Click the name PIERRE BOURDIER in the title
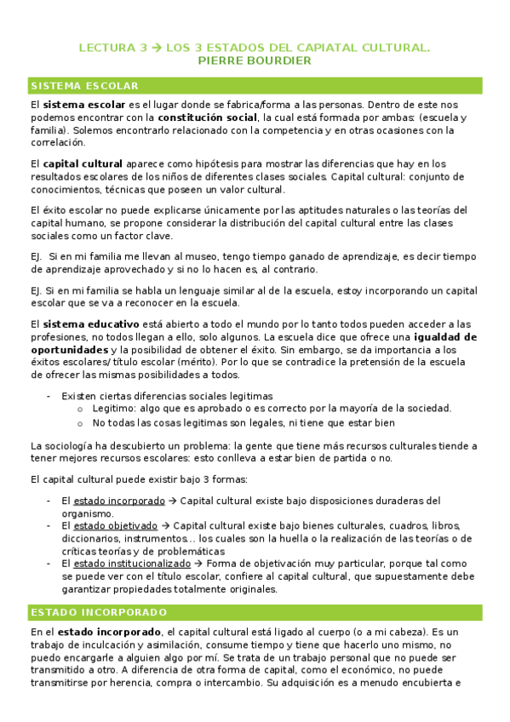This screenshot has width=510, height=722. [255, 61]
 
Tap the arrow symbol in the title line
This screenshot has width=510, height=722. [156, 48]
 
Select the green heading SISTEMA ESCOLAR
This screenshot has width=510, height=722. [83, 86]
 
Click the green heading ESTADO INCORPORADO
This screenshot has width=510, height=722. [98, 612]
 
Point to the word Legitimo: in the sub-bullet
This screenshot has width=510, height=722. [116, 408]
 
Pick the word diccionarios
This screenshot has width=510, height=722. [90, 538]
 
